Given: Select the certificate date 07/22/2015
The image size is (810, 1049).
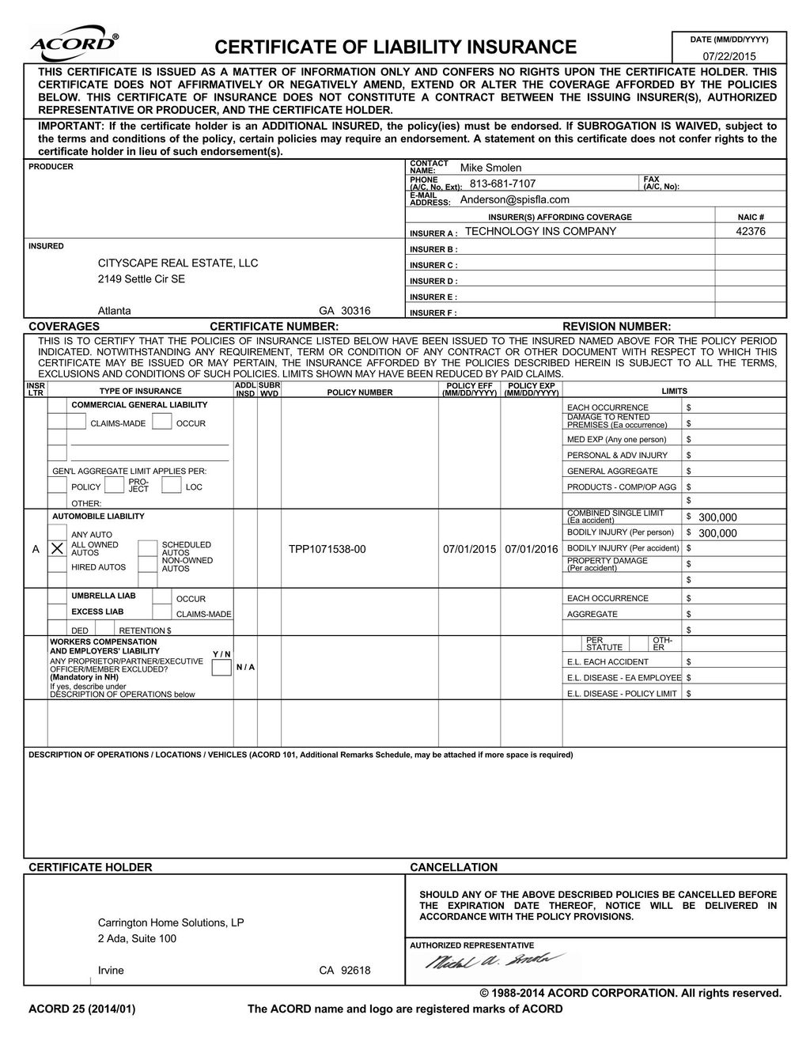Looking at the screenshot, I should tap(729, 56).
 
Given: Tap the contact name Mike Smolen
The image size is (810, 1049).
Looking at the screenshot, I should tap(490, 168).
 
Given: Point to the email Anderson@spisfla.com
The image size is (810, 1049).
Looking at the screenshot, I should tap(514, 199).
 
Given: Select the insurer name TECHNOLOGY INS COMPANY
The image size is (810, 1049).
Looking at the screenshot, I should tap(540, 231).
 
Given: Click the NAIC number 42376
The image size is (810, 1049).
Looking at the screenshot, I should tap(750, 231).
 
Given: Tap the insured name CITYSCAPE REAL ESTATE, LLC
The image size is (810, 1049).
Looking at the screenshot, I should tap(177, 263).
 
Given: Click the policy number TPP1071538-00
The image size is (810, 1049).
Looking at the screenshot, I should tap(327, 549).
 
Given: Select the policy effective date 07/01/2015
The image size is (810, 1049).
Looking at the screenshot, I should tap(469, 549).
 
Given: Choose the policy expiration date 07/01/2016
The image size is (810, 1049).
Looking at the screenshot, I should tap(531, 549).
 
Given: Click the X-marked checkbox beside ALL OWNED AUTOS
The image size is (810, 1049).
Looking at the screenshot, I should tap(57, 548).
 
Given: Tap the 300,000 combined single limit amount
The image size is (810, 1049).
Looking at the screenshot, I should tap(717, 517).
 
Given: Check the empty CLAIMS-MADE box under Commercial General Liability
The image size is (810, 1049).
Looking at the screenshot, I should tap(76, 422).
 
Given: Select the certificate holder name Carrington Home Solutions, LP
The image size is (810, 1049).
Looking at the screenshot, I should tap(171, 922).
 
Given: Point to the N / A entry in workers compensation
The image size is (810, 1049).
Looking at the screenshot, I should tap(245, 667).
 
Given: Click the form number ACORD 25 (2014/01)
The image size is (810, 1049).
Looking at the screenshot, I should tap(82, 1009).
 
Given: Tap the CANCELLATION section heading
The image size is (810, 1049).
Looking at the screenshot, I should tap(453, 867).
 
